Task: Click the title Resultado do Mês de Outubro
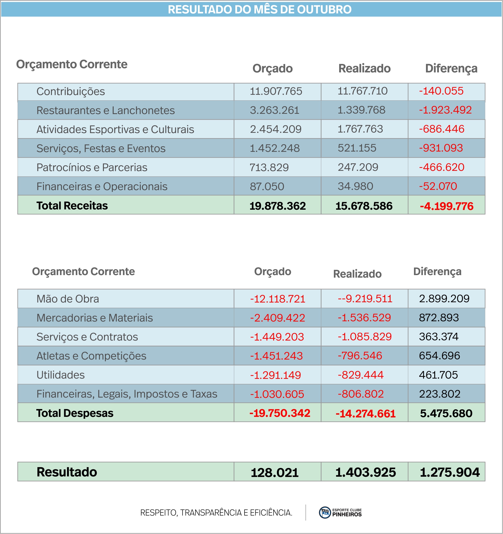point(260,10)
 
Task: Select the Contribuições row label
point(71,91)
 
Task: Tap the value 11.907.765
point(276,91)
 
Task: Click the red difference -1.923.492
point(445,110)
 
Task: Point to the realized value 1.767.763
point(360,129)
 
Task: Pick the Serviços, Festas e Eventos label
point(101,148)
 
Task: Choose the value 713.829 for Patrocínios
point(269,167)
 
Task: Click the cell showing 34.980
point(355,186)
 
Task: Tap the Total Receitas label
point(72,205)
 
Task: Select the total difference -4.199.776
point(447,206)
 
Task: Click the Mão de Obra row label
point(68,299)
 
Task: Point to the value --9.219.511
point(365,299)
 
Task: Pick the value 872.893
point(439,318)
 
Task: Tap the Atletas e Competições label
point(92,356)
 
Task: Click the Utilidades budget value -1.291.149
point(276,375)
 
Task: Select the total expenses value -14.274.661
point(366,414)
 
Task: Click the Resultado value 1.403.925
point(366,472)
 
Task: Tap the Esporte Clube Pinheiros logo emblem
point(325,512)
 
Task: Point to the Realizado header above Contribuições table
point(364,68)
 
